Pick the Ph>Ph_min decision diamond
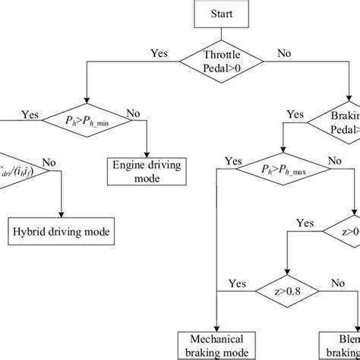coord(89,119)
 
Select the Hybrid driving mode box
coord(62,230)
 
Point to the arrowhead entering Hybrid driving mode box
coord(62,215)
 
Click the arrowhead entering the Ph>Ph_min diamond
coord(89,103)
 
